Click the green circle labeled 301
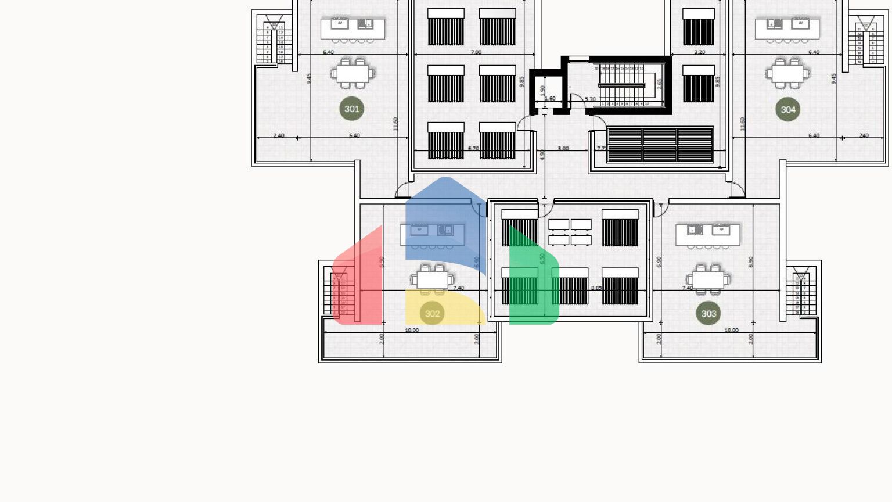pyautogui.click(x=351, y=109)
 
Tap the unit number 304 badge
pyautogui.click(x=787, y=109)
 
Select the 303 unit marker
pyautogui.click(x=708, y=314)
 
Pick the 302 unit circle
pyautogui.click(x=432, y=314)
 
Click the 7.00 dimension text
pyautogui.click(x=476, y=52)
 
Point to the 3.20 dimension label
pyautogui.click(x=700, y=52)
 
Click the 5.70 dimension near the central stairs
pyautogui.click(x=590, y=99)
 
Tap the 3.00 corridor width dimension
pyautogui.click(x=563, y=149)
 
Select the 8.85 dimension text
pyautogui.click(x=596, y=288)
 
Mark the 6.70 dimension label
pyautogui.click(x=473, y=149)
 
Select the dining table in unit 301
pyautogui.click(x=353, y=74)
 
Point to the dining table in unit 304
pyautogui.click(x=787, y=74)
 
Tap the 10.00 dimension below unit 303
pyautogui.click(x=731, y=330)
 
